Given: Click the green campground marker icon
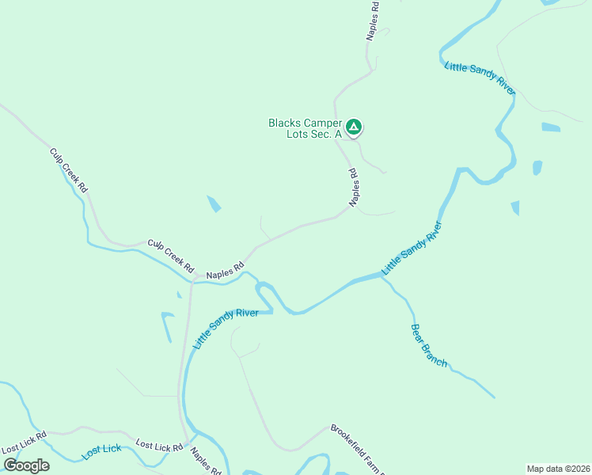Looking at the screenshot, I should (354, 126).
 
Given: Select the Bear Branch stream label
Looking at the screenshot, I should (429, 345).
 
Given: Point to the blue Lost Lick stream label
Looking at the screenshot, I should (102, 450).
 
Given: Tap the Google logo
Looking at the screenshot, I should (26, 465).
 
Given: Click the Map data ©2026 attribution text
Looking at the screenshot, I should (558, 468).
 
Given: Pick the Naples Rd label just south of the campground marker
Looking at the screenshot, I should (354, 188).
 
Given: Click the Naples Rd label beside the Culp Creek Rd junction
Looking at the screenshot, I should (225, 271).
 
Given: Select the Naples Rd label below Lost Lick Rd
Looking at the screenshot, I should (205, 461).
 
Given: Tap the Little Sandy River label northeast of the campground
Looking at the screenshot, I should (480, 79).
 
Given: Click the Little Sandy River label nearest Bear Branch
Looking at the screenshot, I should (411, 248).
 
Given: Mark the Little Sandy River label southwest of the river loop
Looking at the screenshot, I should (226, 329).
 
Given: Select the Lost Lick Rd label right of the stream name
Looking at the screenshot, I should (159, 446).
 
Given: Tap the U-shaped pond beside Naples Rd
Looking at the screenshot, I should (167, 325).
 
